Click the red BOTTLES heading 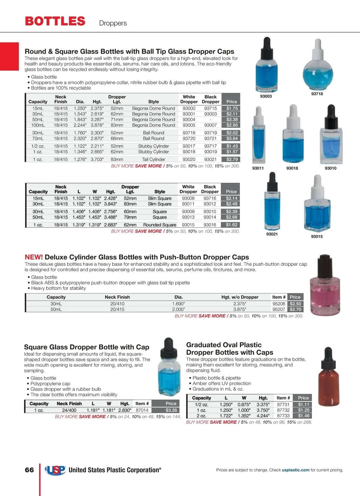(55, 21)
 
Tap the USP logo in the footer (55, 470)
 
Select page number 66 (29, 470)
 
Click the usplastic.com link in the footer (295, 470)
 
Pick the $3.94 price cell (232, 138)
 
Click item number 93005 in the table (189, 125)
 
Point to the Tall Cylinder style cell (154, 159)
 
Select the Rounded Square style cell (160, 225)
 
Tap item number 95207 (279, 309)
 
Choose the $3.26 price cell (171, 410)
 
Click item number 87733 (283, 416)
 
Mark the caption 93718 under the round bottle (317, 94)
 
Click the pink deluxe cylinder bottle (325, 288)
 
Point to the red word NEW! (34, 257)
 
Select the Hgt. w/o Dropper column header (240, 297)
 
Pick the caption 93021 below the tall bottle (272, 234)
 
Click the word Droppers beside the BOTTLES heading (113, 23)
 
